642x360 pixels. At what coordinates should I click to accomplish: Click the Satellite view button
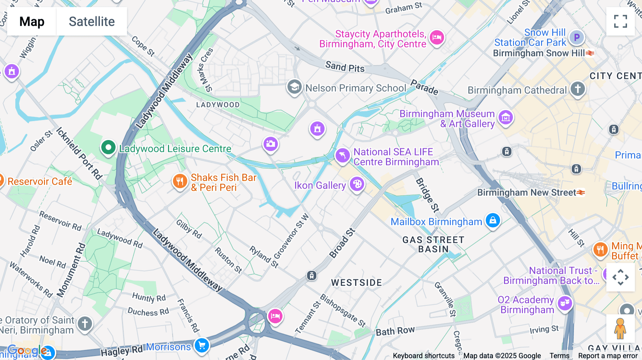[x=92, y=21]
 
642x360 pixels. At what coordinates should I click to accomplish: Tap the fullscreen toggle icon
[x=620, y=21]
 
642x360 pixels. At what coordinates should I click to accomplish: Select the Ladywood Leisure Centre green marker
[x=108, y=147]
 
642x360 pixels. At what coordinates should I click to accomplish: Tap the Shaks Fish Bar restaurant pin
[x=180, y=181]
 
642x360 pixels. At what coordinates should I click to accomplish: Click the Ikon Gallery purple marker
[x=357, y=184]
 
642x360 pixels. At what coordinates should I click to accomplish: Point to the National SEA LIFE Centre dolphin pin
[x=342, y=155]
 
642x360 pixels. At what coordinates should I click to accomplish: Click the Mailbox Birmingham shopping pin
[x=493, y=220]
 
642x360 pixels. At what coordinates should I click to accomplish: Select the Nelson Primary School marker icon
[x=294, y=87]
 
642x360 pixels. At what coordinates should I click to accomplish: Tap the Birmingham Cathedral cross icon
[x=578, y=88]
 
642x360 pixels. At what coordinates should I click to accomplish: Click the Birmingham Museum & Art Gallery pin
[x=505, y=117]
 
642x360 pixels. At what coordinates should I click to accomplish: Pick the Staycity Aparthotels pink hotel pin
[x=437, y=37]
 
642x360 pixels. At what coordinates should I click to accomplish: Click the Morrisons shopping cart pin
[x=202, y=345]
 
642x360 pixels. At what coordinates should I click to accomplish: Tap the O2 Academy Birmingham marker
[x=565, y=303]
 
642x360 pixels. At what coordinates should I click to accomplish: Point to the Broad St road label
[x=342, y=243]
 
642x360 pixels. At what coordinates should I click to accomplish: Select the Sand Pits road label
[x=345, y=67]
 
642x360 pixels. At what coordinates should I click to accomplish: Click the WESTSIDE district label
[x=356, y=283]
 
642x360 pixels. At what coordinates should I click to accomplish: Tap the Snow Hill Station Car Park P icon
[x=576, y=37]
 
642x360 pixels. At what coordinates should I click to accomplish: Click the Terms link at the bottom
[x=559, y=356]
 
